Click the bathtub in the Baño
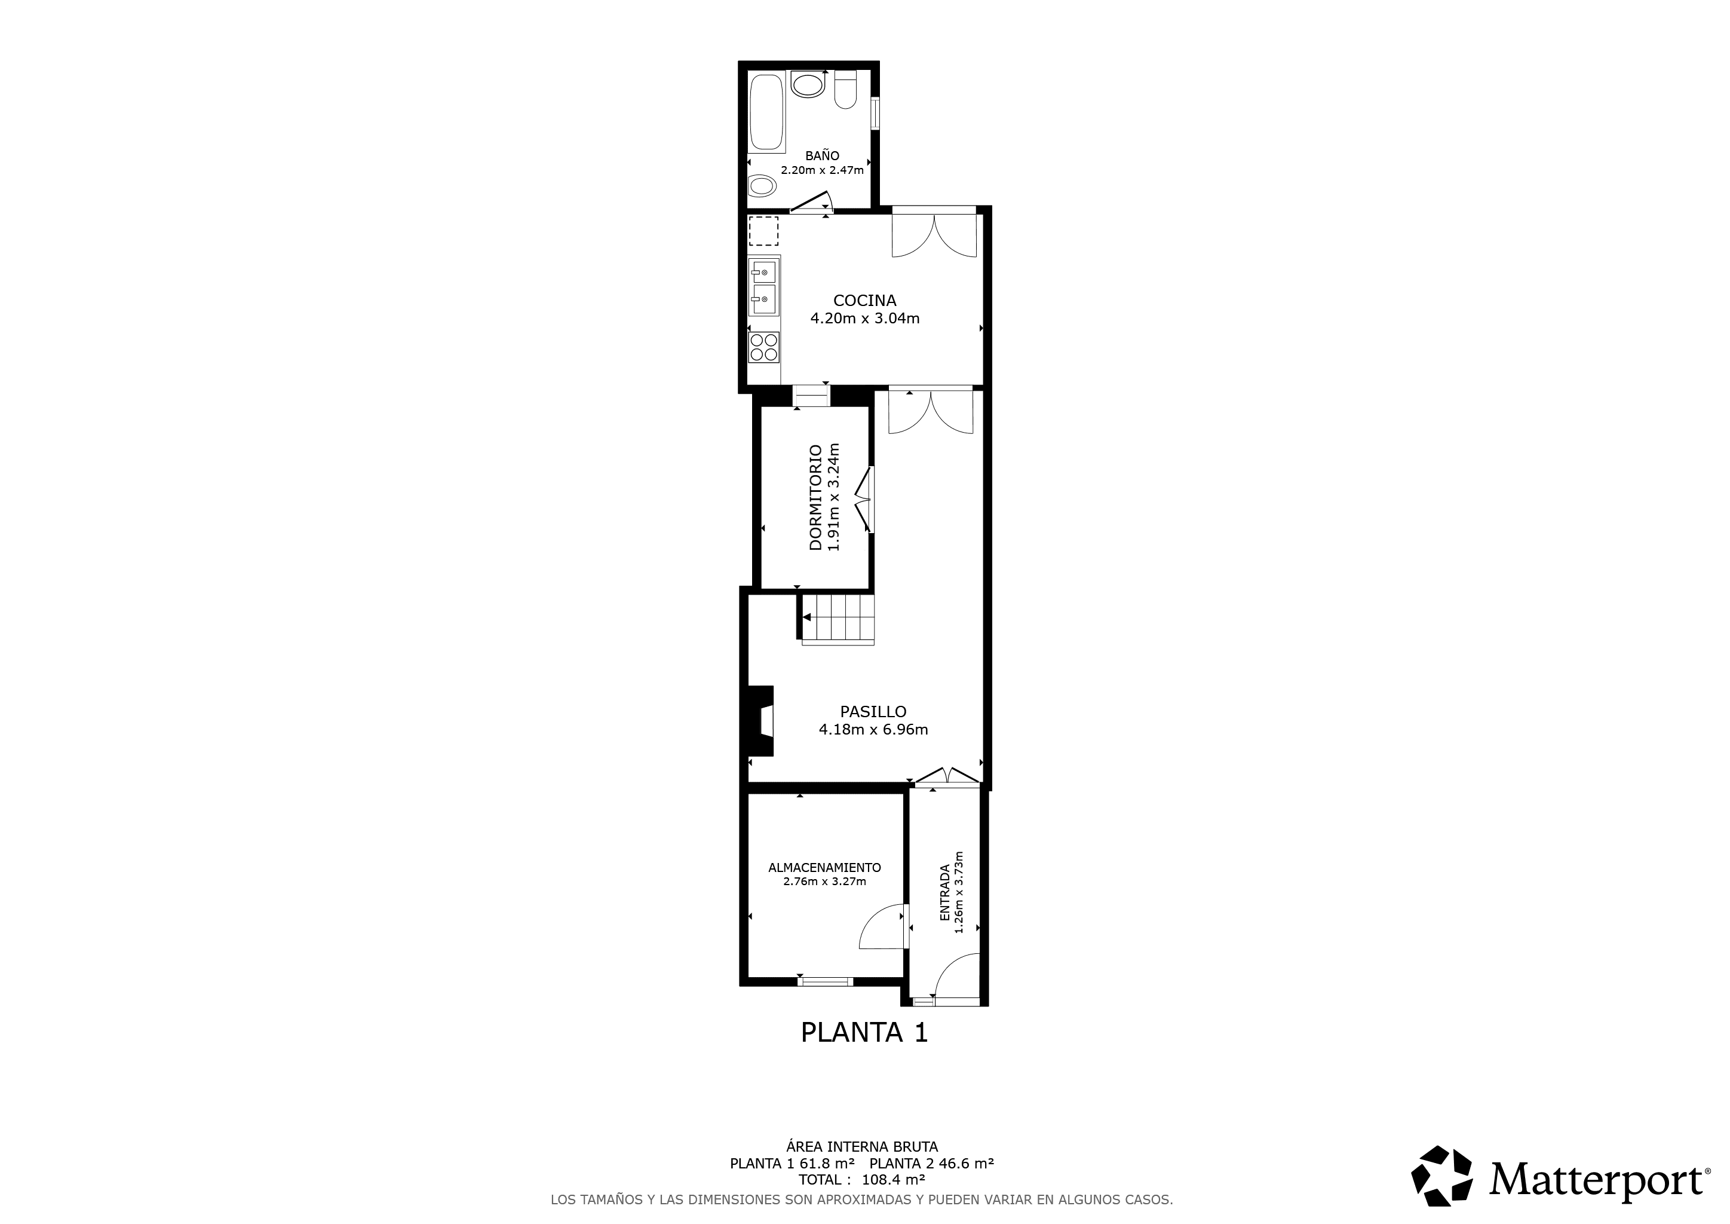pyautogui.click(x=767, y=112)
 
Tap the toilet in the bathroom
pyautogui.click(x=845, y=89)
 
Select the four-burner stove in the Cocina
pyautogui.click(x=764, y=347)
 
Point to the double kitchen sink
pyautogui.click(x=764, y=287)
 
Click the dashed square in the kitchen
pyautogui.click(x=764, y=231)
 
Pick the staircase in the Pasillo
pyautogui.click(x=837, y=618)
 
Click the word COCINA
pyautogui.click(x=864, y=301)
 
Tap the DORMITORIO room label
pyautogui.click(x=815, y=497)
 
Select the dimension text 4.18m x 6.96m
pyautogui.click(x=873, y=730)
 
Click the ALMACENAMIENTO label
pyautogui.click(x=824, y=868)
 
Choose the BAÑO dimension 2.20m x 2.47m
pyautogui.click(x=822, y=170)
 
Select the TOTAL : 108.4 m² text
pyautogui.click(x=862, y=1180)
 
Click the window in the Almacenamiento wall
pyautogui.click(x=825, y=981)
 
